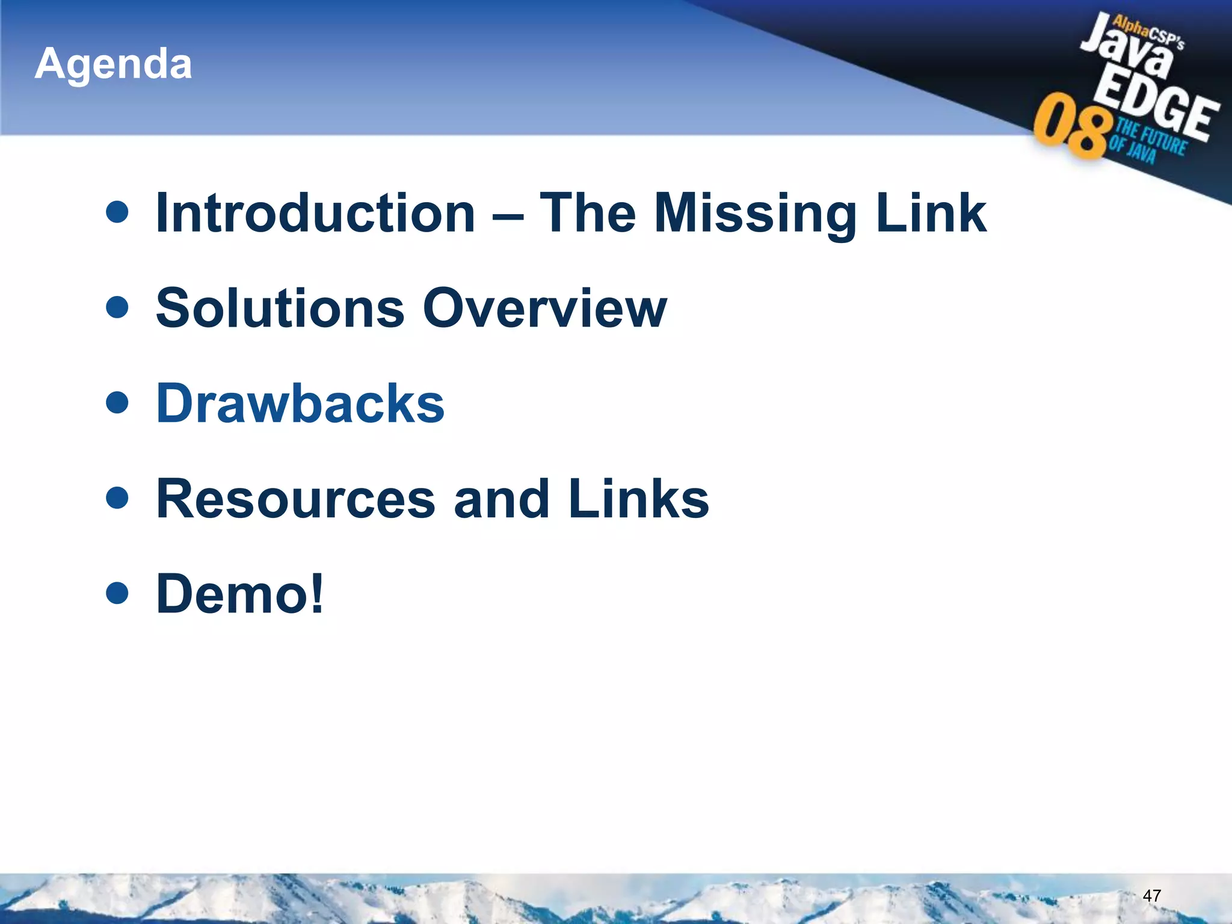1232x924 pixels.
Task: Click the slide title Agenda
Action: pos(113,64)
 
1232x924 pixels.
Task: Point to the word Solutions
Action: pos(280,308)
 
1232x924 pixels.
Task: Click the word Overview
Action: pos(544,308)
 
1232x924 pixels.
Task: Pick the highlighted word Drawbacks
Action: pos(300,403)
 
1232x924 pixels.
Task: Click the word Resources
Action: pos(295,499)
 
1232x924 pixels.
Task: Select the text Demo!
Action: pos(240,594)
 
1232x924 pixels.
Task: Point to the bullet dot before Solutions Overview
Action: pos(117,307)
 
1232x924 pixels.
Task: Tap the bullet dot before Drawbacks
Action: pos(117,402)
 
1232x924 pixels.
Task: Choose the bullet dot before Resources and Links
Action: pos(117,497)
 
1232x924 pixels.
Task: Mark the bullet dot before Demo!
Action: pos(117,593)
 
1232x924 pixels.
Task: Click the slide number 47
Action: pos(1151,896)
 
